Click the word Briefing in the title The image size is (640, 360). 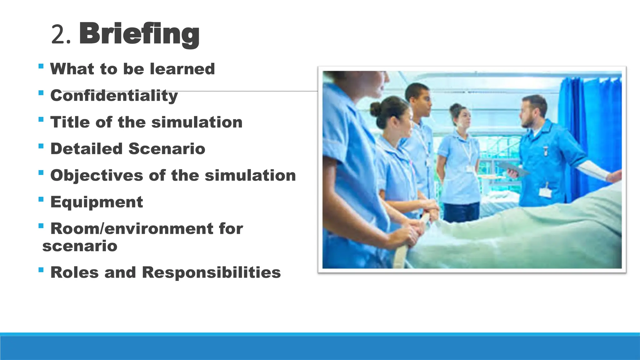[x=139, y=34]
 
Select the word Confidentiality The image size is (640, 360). [x=114, y=95]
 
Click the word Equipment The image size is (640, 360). [x=97, y=202]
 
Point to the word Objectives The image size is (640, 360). [x=97, y=175]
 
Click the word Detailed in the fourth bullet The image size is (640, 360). [x=87, y=149]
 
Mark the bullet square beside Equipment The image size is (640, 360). [x=41, y=199]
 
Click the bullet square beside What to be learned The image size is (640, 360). [x=41, y=66]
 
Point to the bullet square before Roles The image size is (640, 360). [x=41, y=269]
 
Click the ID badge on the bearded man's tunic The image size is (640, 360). [x=545, y=192]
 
